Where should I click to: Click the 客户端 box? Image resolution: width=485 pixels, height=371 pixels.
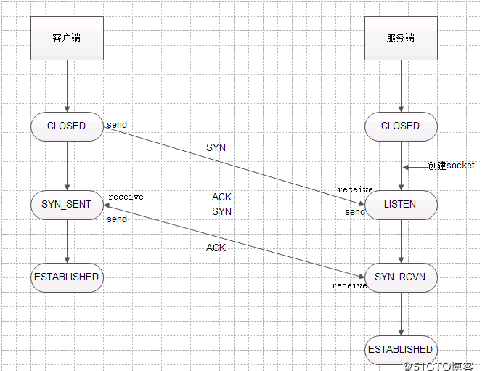coord(67,38)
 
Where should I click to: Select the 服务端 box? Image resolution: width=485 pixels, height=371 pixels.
coord(401,38)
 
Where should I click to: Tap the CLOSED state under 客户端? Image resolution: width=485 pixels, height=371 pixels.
coord(67,126)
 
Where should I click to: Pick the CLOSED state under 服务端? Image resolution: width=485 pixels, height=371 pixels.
coord(401,126)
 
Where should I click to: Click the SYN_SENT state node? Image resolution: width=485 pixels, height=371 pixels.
coord(67,204)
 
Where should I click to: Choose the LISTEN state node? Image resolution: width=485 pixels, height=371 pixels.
coord(401,204)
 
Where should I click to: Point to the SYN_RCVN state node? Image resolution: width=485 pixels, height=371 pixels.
coord(401,277)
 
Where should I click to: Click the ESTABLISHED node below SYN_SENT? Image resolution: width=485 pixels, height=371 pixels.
coord(67,277)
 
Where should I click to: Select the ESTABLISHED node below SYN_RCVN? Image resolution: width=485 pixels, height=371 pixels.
coord(401,349)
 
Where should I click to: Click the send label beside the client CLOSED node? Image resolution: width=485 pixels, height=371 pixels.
coord(117,125)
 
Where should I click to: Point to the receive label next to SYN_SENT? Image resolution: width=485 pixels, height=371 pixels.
coord(126,197)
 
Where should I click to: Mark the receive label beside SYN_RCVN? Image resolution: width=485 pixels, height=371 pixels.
coord(349,285)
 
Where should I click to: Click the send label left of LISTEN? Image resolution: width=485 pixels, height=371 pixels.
coord(355,212)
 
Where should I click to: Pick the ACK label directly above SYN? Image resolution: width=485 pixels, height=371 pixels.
coord(221,197)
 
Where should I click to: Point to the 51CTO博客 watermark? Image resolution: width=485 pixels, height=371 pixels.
coord(441,364)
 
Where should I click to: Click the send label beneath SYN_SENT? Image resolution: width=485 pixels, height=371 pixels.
coord(117,219)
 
